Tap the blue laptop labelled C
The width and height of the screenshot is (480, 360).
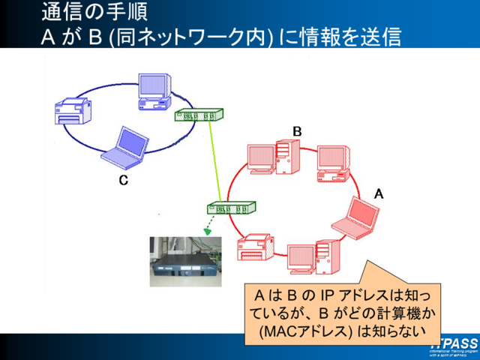122,148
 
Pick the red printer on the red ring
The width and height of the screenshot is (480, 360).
255,247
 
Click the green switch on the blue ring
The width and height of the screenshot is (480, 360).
198,115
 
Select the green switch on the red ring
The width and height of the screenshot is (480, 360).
231,208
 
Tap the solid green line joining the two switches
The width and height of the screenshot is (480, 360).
216,161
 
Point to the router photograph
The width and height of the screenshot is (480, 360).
185,262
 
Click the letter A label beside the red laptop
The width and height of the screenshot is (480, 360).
379,193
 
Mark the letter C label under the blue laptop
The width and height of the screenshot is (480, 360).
123,180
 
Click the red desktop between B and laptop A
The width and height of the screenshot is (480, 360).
331,164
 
